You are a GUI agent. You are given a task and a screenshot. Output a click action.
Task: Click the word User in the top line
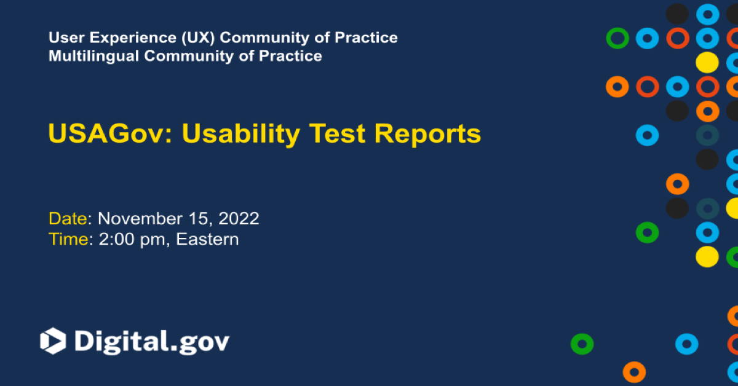click(63, 37)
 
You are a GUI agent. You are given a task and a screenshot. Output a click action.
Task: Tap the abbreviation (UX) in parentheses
click(198, 37)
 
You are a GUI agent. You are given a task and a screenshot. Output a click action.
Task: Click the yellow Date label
click(69, 218)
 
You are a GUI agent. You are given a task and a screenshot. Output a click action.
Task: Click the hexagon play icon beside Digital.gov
click(53, 341)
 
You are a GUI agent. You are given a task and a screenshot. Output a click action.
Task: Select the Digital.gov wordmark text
click(151, 342)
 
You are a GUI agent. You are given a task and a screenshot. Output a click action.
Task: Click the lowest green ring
click(582, 344)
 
